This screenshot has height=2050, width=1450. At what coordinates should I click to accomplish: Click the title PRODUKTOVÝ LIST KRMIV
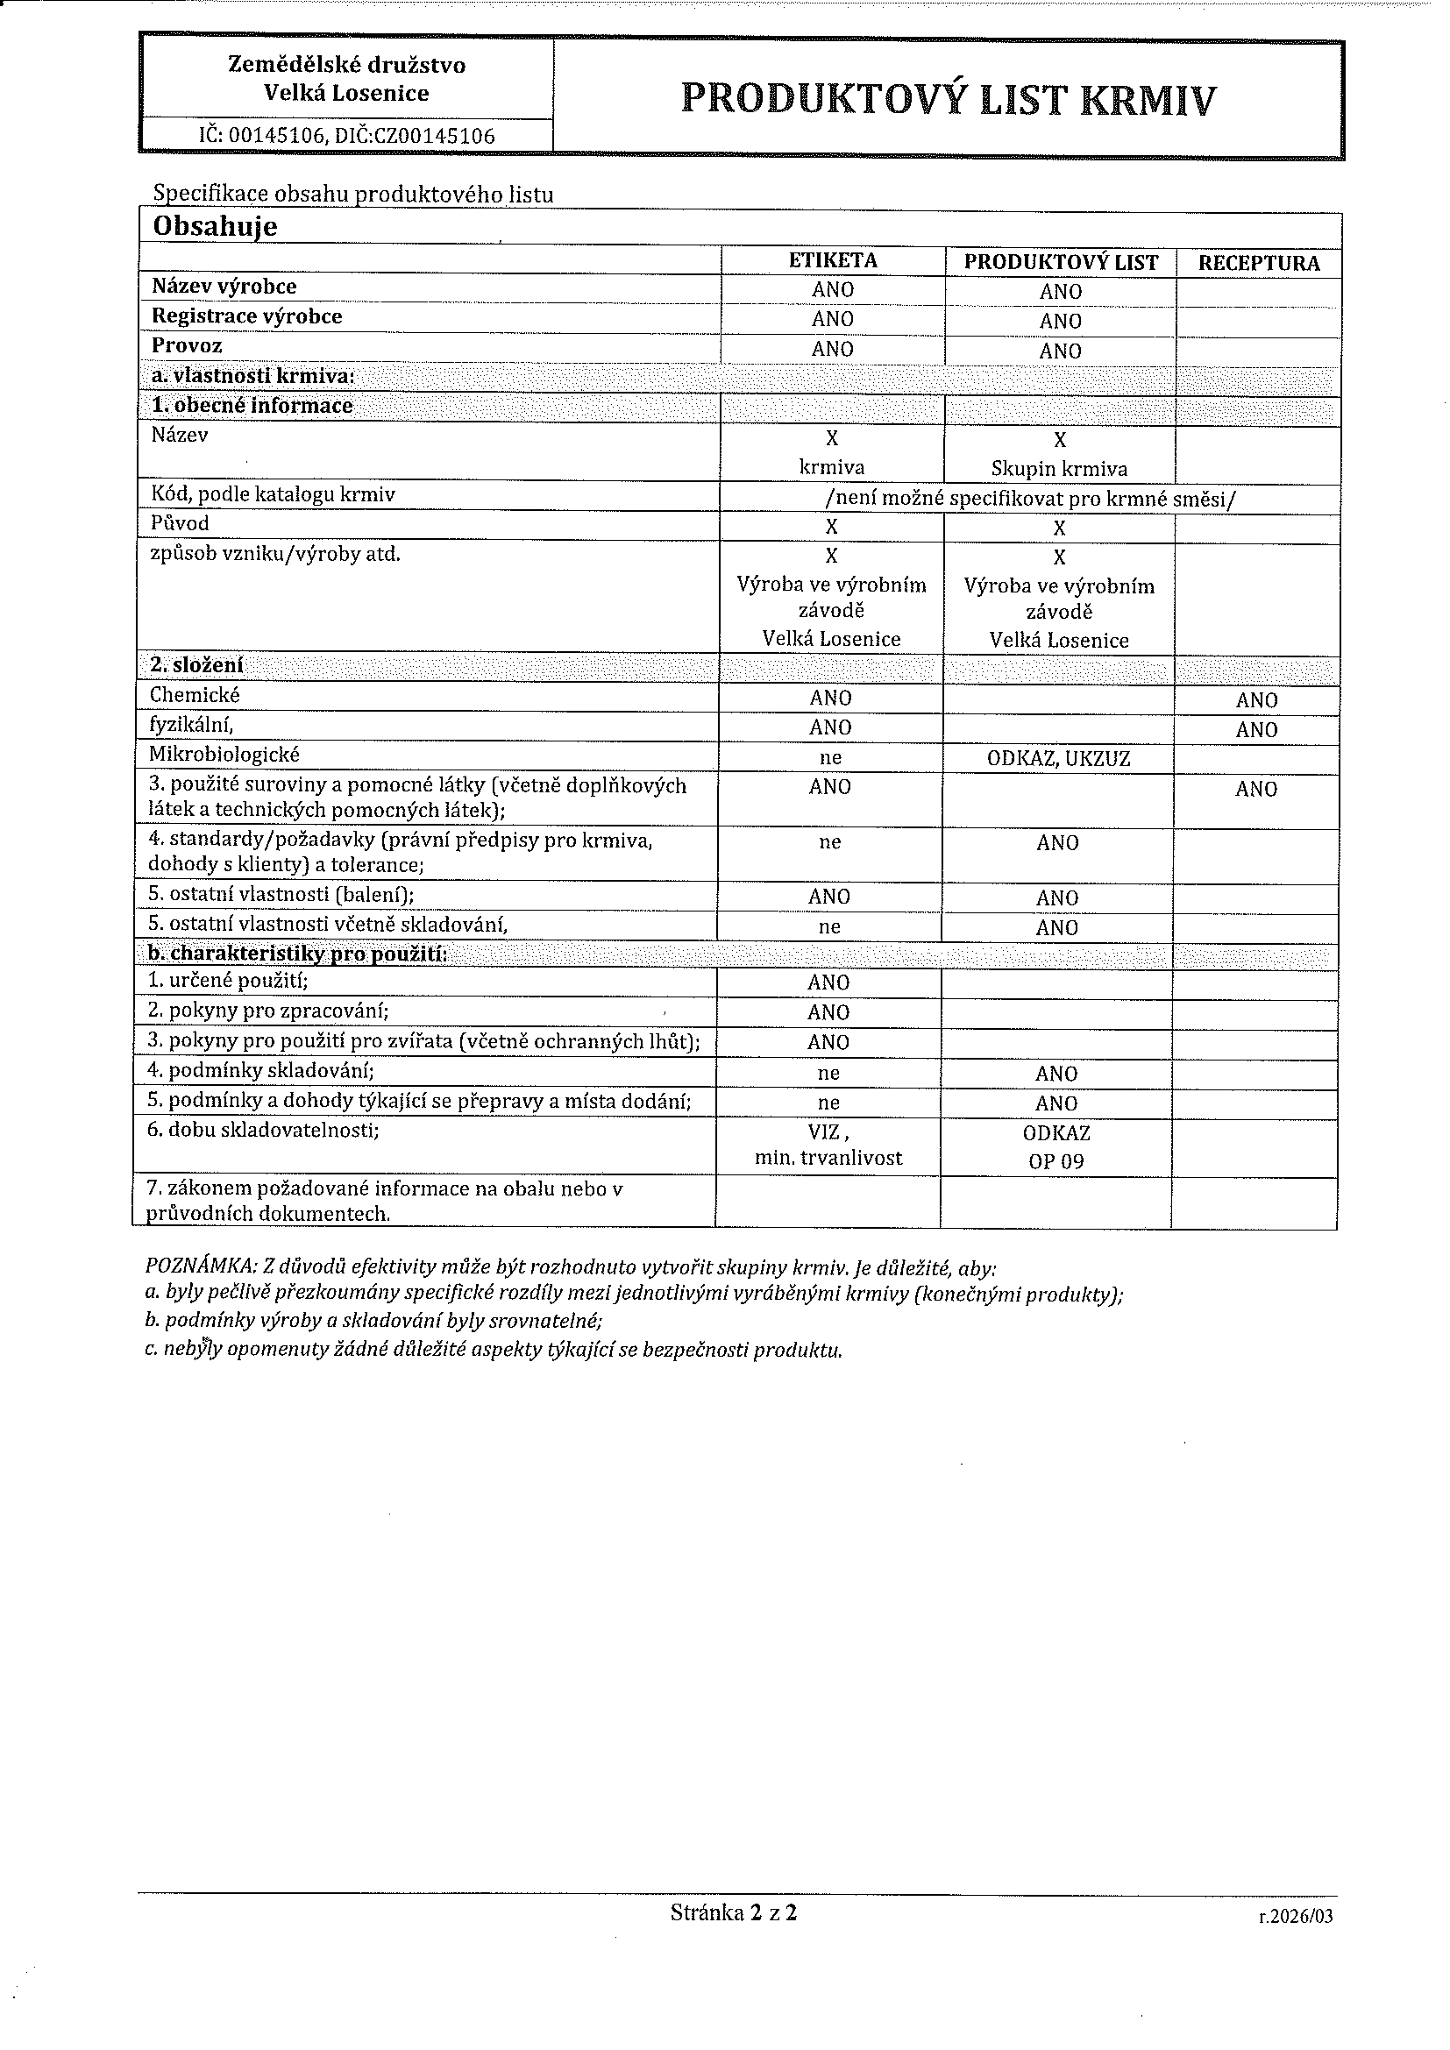(x=948, y=98)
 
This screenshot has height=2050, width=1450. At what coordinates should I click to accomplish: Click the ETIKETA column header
(x=832, y=260)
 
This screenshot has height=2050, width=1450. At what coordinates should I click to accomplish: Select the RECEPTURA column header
(x=1258, y=264)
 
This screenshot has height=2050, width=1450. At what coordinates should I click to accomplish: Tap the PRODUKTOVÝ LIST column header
(x=1060, y=263)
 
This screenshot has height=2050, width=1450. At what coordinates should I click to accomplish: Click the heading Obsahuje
(x=215, y=227)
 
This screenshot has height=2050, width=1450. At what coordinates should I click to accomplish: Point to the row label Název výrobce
(x=224, y=287)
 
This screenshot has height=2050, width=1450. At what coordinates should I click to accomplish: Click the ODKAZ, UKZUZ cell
(x=1058, y=760)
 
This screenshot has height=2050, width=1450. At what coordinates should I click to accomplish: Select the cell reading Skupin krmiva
(x=1059, y=469)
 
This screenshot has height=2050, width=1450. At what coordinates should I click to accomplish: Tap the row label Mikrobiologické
(x=224, y=755)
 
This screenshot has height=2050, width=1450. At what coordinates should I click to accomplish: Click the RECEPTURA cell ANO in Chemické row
(x=1256, y=701)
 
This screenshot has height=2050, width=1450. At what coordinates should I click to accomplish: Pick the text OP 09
(x=1056, y=1164)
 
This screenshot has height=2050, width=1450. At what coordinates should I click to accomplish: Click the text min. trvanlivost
(x=828, y=1158)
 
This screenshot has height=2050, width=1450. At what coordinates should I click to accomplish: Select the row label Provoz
(x=187, y=345)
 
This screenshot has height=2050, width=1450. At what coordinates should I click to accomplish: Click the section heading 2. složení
(x=196, y=665)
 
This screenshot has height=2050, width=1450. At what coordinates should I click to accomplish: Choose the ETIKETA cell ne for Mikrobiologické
(x=830, y=758)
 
